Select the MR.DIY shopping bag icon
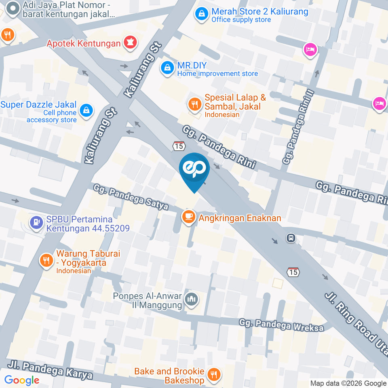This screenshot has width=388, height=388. [x=167, y=68]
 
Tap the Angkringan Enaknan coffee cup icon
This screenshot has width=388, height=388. [x=188, y=217]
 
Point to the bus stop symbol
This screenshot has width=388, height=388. [x=291, y=238]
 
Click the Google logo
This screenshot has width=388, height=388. [x=22, y=380]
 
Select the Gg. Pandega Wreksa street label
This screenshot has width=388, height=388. [x=281, y=325]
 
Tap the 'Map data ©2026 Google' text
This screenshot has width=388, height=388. [x=348, y=383]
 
